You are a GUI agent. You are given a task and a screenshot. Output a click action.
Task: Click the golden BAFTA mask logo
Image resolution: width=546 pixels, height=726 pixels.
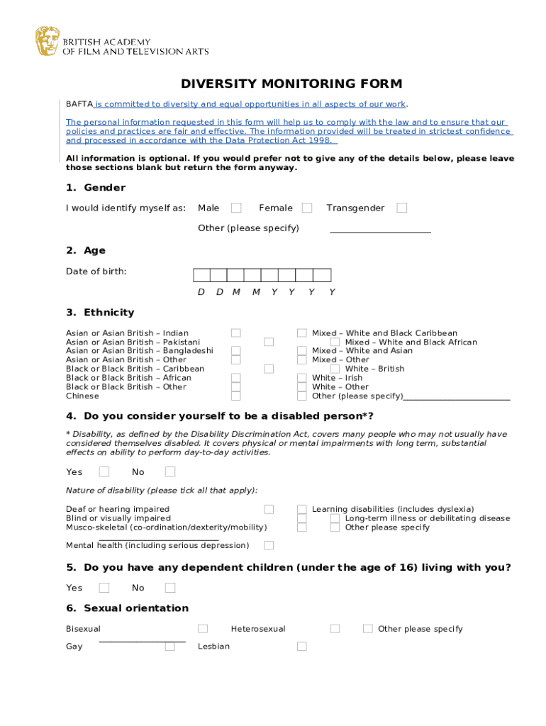48,41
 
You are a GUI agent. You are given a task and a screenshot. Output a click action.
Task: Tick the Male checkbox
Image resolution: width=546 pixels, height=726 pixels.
236,208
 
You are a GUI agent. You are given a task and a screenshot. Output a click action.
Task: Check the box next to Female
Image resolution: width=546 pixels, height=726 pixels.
307,208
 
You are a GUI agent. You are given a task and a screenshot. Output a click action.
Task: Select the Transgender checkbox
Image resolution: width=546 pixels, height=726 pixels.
402,208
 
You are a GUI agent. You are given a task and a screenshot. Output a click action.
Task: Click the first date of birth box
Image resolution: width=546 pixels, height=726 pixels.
201,275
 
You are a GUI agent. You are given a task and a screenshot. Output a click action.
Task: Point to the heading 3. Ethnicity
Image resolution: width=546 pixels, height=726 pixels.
100,313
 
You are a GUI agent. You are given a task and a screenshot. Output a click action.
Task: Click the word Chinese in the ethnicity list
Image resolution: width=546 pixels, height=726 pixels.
82,396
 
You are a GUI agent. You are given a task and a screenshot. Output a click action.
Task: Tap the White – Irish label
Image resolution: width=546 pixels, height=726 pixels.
337,378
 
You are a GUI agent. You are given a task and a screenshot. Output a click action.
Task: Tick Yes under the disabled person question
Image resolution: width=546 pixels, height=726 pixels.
104,471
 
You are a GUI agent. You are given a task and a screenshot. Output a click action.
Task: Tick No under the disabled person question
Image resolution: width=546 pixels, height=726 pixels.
170,471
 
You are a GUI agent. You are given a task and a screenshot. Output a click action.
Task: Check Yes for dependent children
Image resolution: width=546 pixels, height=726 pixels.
104,587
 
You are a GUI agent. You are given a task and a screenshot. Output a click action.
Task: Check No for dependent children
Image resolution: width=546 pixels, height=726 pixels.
170,587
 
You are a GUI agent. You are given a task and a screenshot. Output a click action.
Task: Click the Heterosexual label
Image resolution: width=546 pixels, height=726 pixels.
258,629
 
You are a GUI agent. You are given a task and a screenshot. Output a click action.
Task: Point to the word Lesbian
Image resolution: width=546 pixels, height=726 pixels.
213,647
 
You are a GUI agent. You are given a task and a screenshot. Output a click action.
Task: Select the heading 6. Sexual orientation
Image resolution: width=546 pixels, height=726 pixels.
127,608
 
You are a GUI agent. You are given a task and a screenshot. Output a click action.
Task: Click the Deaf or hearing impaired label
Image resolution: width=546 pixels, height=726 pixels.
118,509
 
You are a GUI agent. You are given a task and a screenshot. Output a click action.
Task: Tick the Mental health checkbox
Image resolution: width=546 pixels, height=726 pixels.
269,545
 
